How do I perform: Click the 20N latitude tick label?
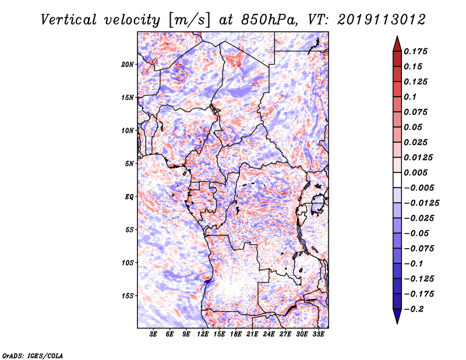point(128,64)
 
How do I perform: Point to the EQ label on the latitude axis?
point(129,197)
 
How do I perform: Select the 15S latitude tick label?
point(128,296)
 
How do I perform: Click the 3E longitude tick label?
point(154,334)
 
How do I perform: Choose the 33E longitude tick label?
point(318,334)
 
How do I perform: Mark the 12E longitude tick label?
point(203,334)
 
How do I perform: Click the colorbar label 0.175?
point(416,51)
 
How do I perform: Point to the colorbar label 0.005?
point(416,172)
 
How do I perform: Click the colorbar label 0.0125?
point(419,157)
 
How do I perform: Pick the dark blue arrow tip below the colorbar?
point(397,318)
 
